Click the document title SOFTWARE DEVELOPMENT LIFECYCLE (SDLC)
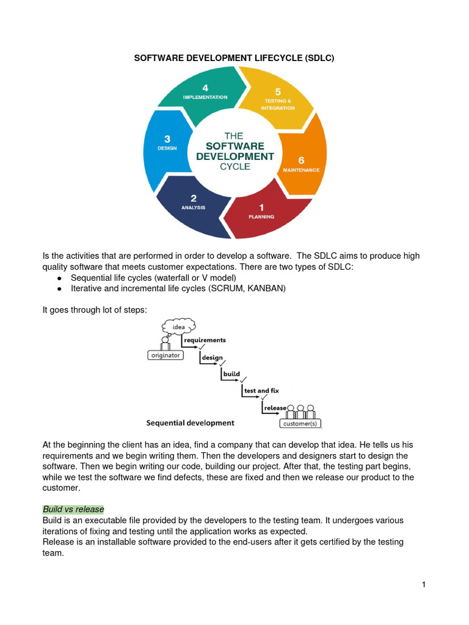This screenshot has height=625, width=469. tap(234, 58)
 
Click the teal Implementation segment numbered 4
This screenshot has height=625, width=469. tap(206, 95)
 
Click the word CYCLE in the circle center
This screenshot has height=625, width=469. tap(235, 167)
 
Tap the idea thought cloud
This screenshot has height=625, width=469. tap(178, 327)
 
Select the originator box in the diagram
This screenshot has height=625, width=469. tap(166, 355)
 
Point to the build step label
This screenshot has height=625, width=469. tap(231, 374)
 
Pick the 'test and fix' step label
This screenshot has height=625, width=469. tap(261, 391)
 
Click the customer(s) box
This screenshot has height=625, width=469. tap(300, 424)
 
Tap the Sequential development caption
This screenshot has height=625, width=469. tap(190, 422)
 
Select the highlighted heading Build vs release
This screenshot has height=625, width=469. tap(73, 509)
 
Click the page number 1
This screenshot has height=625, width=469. tap(424, 585)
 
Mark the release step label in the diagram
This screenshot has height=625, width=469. tap(275, 408)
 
